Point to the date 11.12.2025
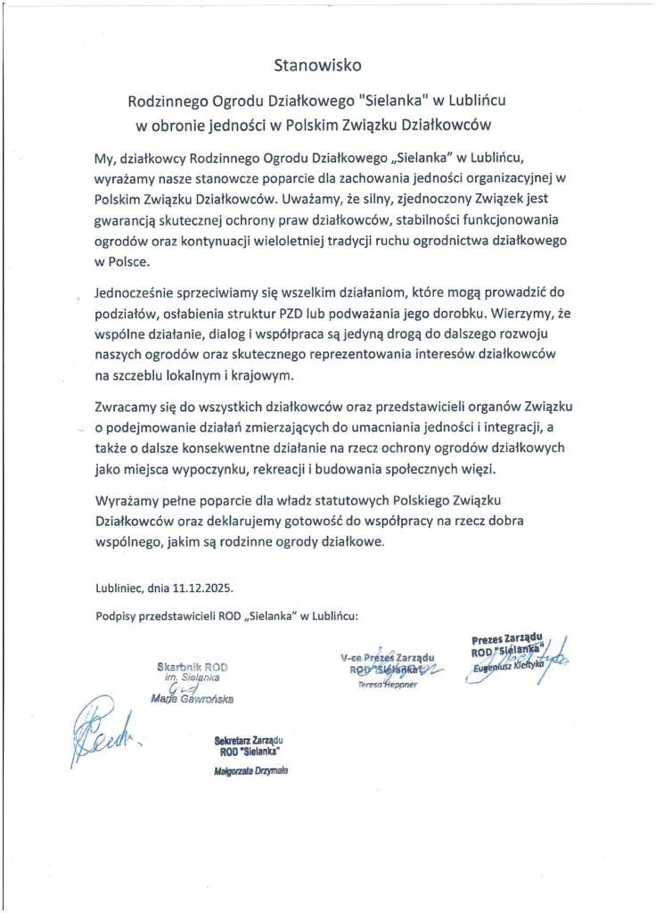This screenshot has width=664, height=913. pos(206,588)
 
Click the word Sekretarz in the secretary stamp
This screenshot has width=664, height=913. pos(233,740)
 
